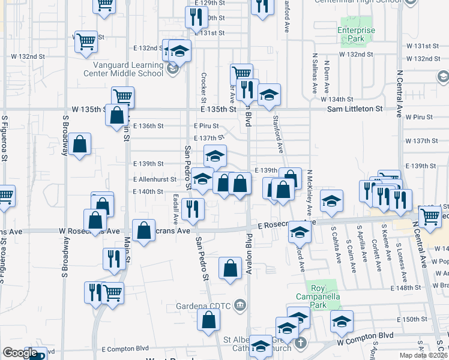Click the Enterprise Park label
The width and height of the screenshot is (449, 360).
click(356, 34)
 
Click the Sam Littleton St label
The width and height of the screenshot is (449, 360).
click(355, 109)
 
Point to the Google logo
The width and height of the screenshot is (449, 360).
click(20, 353)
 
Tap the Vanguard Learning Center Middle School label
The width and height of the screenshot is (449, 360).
click(128, 69)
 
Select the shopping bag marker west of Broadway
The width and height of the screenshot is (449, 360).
click(79, 144)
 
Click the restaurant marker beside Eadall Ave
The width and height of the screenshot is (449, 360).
click(193, 208)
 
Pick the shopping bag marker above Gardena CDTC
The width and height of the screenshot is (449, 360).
click(230, 268)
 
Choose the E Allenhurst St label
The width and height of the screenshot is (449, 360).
click(155, 179)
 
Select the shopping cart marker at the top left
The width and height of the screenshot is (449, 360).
click(104, 5)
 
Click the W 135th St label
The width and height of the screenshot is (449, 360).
click(88, 109)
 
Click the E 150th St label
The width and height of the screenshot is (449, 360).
click(410, 319)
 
